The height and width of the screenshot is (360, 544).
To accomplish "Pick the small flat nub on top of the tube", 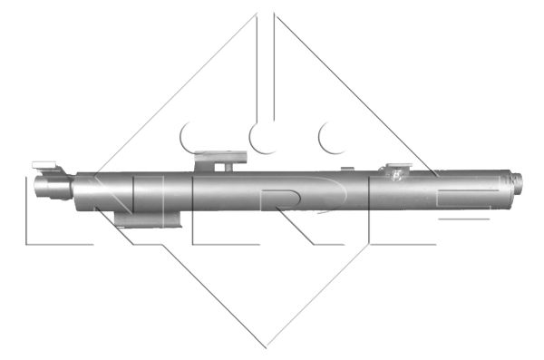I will (x=346, y=169).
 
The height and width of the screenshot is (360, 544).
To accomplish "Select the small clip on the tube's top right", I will (x=396, y=170).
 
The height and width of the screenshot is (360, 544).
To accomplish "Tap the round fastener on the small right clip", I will (x=396, y=178).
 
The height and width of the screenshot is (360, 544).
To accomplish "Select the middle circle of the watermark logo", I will (x=264, y=136).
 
